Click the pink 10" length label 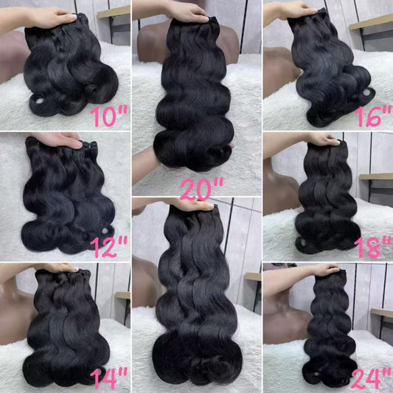(x=109, y=116)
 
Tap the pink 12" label (x=109, y=246)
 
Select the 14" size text (x=109, y=378)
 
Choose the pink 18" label (x=373, y=248)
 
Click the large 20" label (x=202, y=189)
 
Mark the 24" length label (x=372, y=379)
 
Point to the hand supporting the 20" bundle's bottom (x=147, y=161)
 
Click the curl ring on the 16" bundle (x=366, y=93)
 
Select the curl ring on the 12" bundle (x=105, y=231)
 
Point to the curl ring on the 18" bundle (x=302, y=243)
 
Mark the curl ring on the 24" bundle (x=316, y=374)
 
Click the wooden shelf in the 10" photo (x=114, y=12)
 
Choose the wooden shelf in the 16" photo (x=372, y=22)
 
